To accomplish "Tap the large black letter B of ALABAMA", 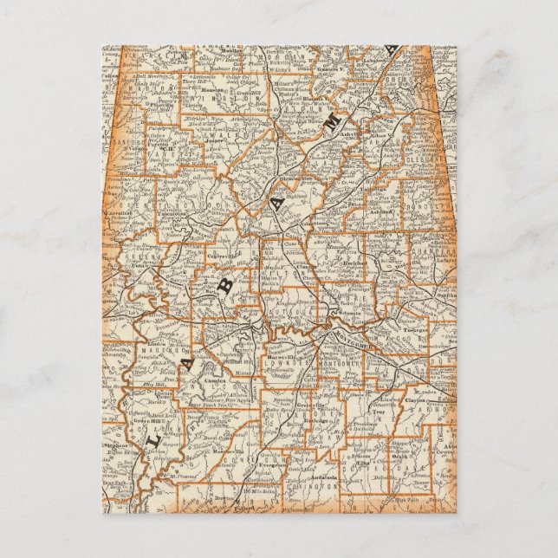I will pyautogui.click(x=226, y=289).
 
